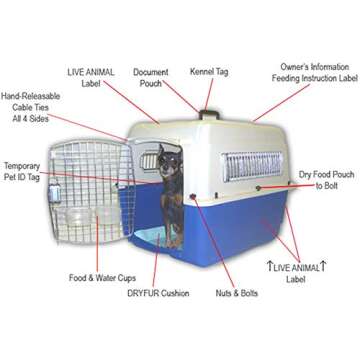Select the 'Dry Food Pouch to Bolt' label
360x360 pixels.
[x=323, y=180]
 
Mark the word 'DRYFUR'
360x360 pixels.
[x=143, y=293]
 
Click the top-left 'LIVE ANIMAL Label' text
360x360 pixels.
[x=91, y=77]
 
